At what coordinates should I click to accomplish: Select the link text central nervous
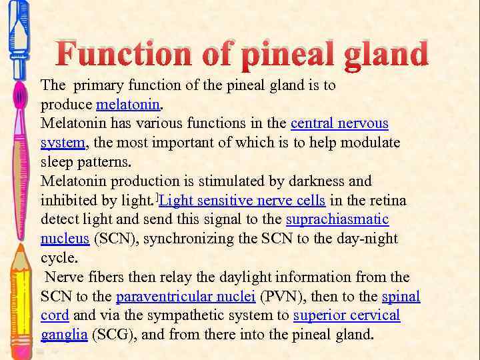(x=339, y=124)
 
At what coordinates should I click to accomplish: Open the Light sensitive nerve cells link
(x=243, y=201)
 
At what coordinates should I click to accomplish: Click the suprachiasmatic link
(x=337, y=219)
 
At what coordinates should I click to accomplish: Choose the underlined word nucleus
(x=65, y=239)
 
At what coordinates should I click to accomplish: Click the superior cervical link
(x=347, y=315)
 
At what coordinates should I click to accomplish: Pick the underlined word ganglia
(x=64, y=335)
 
